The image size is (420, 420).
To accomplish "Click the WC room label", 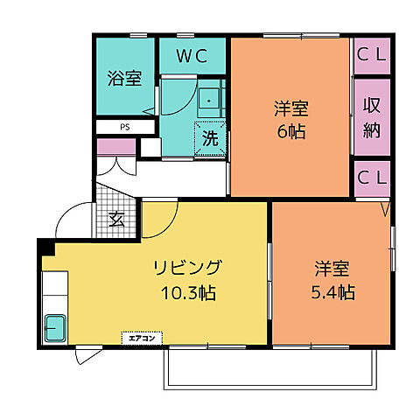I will [x=193, y=58].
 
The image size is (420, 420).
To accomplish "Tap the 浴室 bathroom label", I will [x=124, y=78].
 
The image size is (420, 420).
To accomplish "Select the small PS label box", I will [x=125, y=126].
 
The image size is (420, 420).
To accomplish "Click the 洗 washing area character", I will [x=210, y=137].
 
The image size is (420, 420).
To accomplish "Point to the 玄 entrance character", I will [x=115, y=220].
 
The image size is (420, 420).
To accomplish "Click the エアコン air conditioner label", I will [x=140, y=336].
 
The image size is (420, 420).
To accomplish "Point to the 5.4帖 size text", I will [x=333, y=292].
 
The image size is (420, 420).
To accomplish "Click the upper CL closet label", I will [x=372, y=56].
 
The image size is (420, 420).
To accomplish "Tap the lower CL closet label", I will [x=372, y=178].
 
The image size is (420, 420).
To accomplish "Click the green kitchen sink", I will [x=56, y=328].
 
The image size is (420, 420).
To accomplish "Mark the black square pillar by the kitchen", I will [x=45, y=248].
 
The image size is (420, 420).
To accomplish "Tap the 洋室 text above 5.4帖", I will [x=333, y=268].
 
